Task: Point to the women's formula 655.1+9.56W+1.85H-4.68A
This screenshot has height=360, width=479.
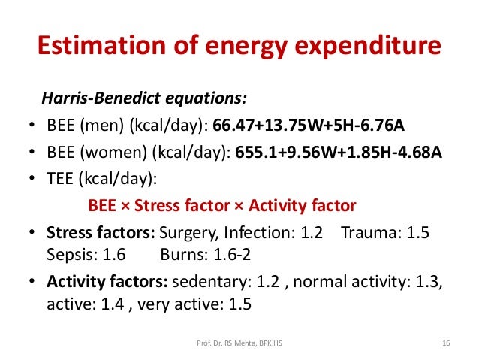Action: pyautogui.click(x=339, y=152)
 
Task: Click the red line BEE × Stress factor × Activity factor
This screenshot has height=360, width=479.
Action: pyautogui.click(x=222, y=205)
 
